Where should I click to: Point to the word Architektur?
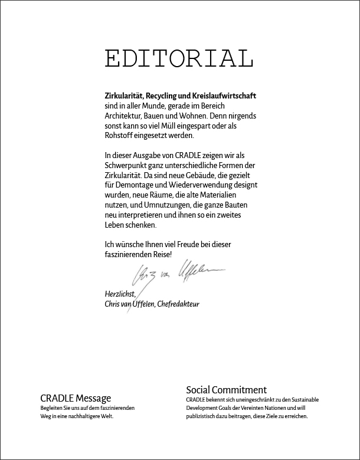pos(123,116)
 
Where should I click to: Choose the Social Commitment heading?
pos(226,390)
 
